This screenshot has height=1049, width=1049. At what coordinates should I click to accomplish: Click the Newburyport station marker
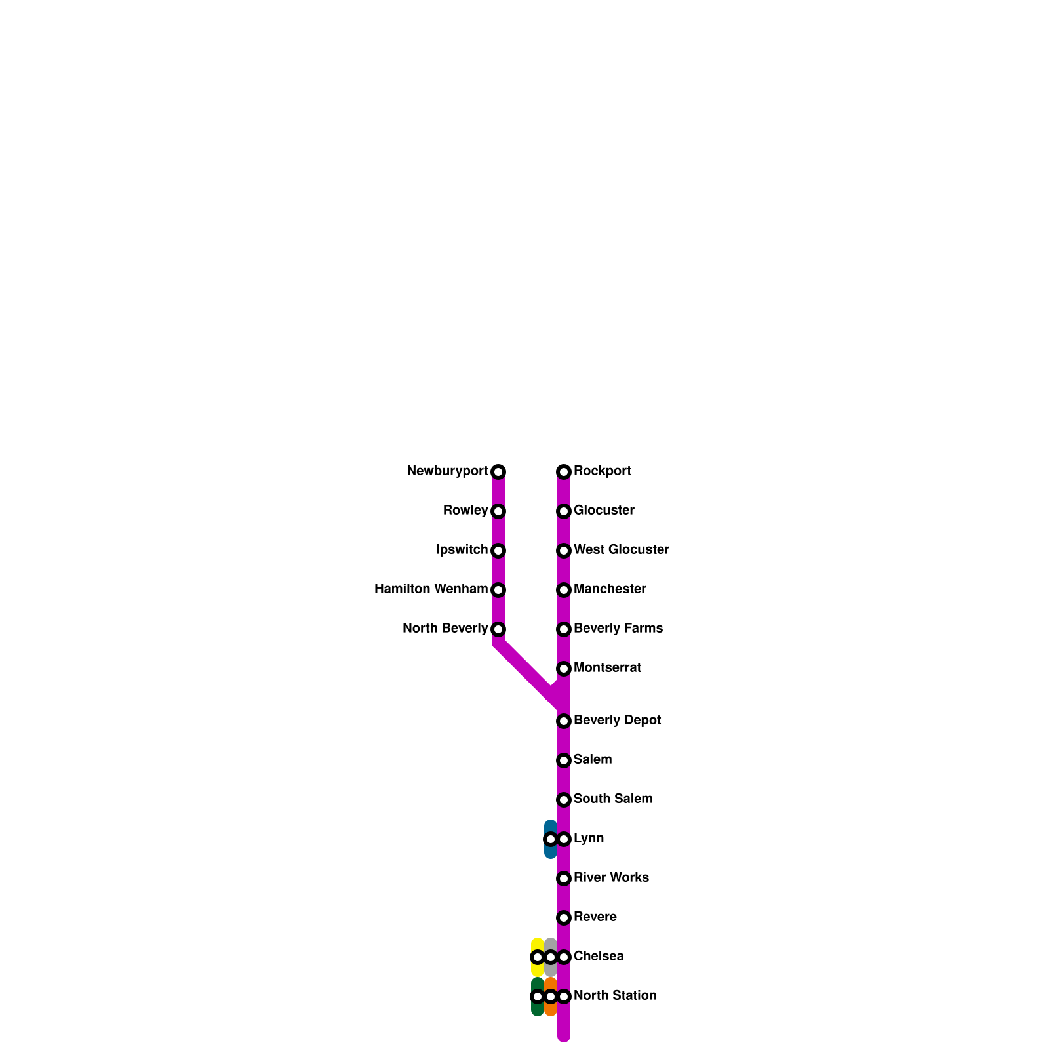point(498,472)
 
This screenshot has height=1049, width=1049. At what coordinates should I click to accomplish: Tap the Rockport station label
point(602,471)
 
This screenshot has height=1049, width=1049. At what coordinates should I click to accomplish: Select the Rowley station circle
point(498,511)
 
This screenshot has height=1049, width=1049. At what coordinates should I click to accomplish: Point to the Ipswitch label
point(462,550)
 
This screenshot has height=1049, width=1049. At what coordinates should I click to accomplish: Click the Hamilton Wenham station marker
point(498,590)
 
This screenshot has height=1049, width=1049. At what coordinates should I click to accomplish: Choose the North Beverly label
point(445,629)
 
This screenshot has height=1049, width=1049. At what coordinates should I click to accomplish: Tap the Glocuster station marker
point(564,511)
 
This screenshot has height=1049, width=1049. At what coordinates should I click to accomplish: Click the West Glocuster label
point(621,550)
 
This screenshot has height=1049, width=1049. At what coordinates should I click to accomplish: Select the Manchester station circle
point(564,590)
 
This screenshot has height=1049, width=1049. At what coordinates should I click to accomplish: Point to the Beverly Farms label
point(618,629)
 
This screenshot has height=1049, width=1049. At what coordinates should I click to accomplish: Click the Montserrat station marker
point(564,669)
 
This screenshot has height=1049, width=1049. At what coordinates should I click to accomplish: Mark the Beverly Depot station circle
point(564,721)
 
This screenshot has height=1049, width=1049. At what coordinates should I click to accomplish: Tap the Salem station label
point(592,760)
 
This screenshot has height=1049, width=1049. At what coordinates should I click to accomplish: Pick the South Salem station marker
point(564,800)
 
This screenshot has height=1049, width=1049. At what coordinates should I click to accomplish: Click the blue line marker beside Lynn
point(551,839)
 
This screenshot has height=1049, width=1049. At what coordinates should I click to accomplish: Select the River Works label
point(611,878)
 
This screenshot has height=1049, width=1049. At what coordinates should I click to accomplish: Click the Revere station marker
point(564,918)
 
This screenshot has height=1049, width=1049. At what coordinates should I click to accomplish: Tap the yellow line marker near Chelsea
point(538,957)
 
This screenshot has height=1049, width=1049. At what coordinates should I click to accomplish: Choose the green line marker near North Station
point(538,997)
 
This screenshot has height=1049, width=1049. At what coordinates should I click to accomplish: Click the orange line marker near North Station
point(551,997)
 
